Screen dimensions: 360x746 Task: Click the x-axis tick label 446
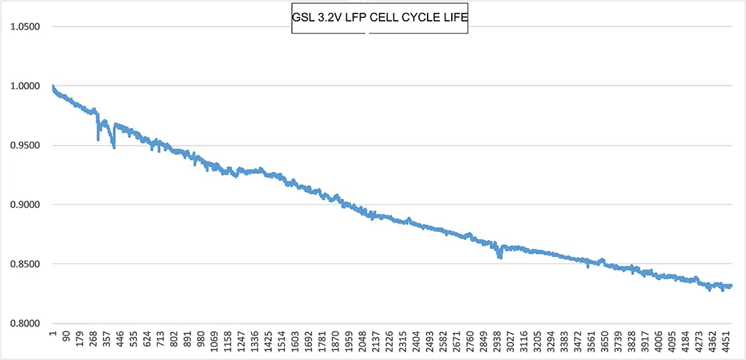[x=119, y=339]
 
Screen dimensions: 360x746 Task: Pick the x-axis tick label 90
[x=66, y=337]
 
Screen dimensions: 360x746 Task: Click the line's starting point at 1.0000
[x=53, y=86]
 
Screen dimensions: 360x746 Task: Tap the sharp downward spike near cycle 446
[x=114, y=146]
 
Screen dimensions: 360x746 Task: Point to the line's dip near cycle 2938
[x=500, y=256]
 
